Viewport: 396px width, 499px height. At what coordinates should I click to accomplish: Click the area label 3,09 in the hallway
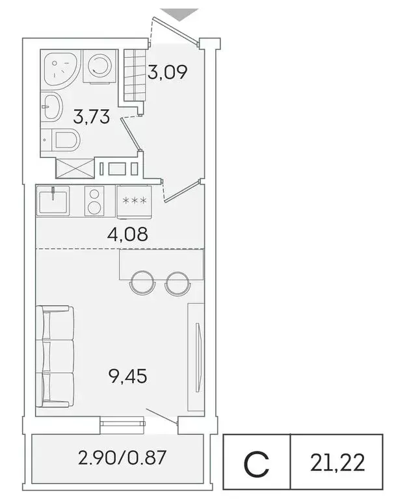point(168,72)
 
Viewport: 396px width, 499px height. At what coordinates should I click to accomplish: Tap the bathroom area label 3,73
point(90,118)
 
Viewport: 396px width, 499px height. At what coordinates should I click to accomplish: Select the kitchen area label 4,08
point(127,233)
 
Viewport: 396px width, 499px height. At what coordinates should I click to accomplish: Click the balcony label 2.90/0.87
point(122,458)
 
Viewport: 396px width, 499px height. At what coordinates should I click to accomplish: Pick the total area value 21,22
point(337,463)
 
